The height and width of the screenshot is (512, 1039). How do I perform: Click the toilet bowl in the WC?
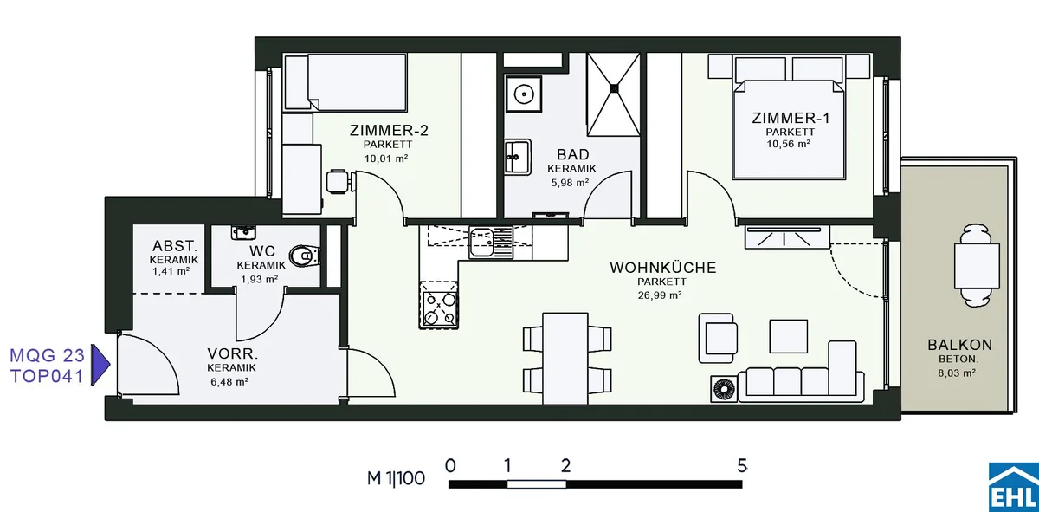coord(305,256)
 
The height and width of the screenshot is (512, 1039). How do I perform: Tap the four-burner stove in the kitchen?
coord(439,305)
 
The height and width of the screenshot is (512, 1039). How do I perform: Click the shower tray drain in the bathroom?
coord(615,87)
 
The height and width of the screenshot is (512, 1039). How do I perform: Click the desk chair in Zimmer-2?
coord(339,182)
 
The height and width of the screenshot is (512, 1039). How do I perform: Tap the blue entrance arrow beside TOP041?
coord(100,365)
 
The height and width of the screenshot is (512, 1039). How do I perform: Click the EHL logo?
coord(1014,488)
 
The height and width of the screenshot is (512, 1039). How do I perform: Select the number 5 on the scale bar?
coord(742,465)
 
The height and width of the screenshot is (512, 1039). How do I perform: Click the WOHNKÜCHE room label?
coord(663,268)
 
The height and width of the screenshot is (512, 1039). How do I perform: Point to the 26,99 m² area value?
coord(660,295)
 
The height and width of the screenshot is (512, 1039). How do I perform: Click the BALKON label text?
coord(959,345)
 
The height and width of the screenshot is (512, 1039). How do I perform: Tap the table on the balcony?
coord(977,266)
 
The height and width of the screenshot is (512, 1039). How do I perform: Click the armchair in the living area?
coord(718,338)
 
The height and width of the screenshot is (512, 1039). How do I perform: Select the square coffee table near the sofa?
coord(789,336)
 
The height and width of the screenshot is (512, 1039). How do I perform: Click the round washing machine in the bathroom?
coord(524,94)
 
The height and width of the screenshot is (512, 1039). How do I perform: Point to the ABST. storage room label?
coord(175,245)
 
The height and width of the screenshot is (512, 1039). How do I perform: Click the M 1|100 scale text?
coord(396,478)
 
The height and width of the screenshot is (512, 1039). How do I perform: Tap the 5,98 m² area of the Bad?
coord(570,183)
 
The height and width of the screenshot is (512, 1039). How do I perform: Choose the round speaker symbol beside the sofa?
coord(724,389)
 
